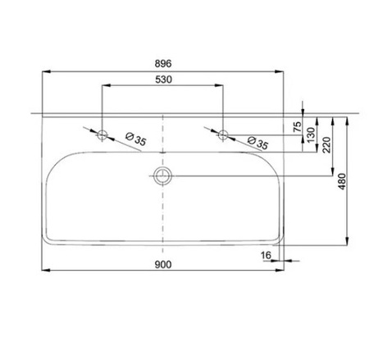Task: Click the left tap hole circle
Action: pos(102,133)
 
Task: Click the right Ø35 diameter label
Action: pos(255,143)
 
